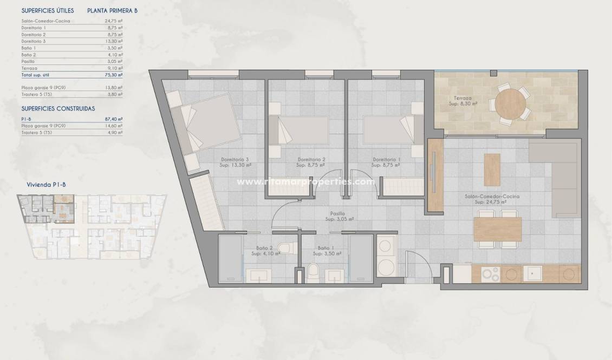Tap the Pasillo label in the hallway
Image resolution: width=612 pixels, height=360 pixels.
340,217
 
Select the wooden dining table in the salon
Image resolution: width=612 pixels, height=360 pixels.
497,228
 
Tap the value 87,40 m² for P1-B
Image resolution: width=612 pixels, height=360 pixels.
113,119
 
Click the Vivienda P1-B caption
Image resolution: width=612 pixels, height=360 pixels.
46,185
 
